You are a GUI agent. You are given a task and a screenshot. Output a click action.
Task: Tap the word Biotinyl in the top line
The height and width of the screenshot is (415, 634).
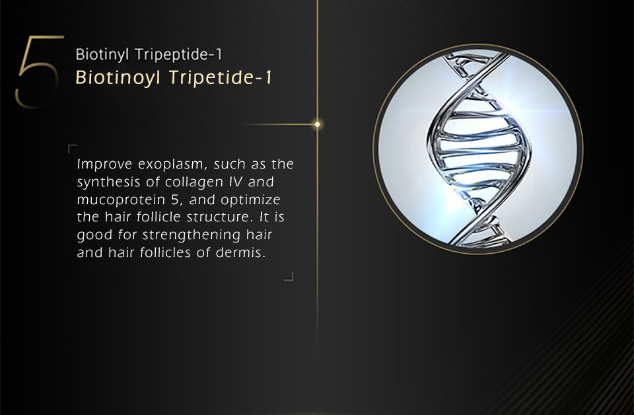[x=103, y=55]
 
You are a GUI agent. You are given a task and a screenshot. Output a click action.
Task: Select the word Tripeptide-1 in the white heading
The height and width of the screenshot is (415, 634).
[x=178, y=55]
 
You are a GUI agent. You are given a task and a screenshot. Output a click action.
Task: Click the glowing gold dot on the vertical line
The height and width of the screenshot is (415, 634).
[x=318, y=124]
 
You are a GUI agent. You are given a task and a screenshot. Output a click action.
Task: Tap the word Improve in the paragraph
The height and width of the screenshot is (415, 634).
[x=104, y=165]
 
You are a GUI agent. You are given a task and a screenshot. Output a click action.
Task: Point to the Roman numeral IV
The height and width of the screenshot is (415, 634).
[x=236, y=182]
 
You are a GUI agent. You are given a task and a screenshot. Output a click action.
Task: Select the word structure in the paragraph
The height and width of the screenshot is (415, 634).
[x=220, y=217]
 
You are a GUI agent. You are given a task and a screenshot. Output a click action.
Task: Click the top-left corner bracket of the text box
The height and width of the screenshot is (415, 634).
[x=71, y=147]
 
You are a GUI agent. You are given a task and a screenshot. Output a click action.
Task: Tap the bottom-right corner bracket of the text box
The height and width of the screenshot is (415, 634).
[x=291, y=279]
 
